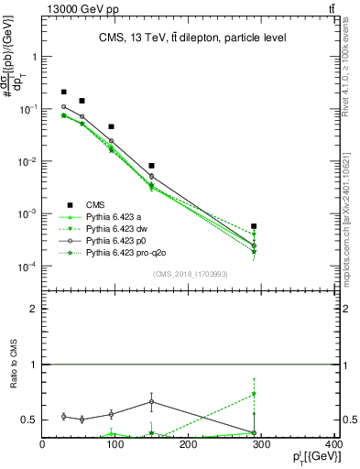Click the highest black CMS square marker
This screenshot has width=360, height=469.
coord(63,92)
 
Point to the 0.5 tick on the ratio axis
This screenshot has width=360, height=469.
coord(30,420)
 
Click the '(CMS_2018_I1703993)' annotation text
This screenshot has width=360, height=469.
coord(190,274)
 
